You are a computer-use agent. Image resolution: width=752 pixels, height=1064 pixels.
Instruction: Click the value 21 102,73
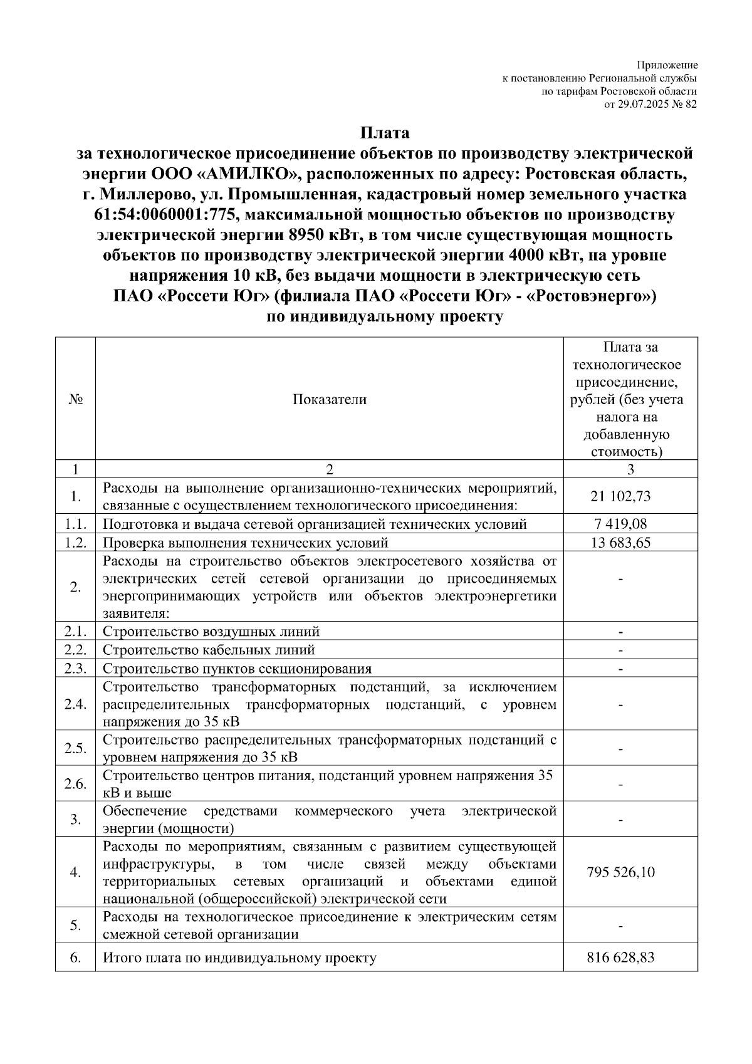[x=620, y=496]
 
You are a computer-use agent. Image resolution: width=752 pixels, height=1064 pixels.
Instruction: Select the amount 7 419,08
[x=620, y=524]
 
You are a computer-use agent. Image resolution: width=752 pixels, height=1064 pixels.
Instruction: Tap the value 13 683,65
[x=620, y=542]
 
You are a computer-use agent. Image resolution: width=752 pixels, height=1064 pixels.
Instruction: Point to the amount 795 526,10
[x=620, y=872]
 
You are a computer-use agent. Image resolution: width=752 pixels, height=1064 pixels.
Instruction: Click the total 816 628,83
[x=620, y=957]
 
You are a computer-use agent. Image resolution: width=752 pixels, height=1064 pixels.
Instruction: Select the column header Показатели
[x=330, y=400]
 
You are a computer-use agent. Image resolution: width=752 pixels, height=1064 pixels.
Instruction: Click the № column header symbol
[x=75, y=400]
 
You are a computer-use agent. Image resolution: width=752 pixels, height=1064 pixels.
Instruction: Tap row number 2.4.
[x=75, y=704]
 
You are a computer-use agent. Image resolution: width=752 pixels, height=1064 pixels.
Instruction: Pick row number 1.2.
[x=75, y=542]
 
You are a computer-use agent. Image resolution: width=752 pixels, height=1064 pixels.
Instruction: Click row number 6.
[x=75, y=957]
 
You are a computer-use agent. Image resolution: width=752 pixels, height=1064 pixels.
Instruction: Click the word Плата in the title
[x=384, y=133]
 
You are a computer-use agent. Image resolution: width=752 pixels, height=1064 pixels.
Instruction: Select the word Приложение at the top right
[x=667, y=65]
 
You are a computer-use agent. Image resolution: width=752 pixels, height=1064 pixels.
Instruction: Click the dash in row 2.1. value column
[x=620, y=632]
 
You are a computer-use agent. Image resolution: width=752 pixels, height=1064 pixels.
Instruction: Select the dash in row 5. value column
[x=620, y=926]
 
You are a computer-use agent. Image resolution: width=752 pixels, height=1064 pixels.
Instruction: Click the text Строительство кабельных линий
[x=209, y=650]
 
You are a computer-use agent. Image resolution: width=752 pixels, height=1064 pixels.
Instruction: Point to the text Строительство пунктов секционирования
[x=237, y=668]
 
